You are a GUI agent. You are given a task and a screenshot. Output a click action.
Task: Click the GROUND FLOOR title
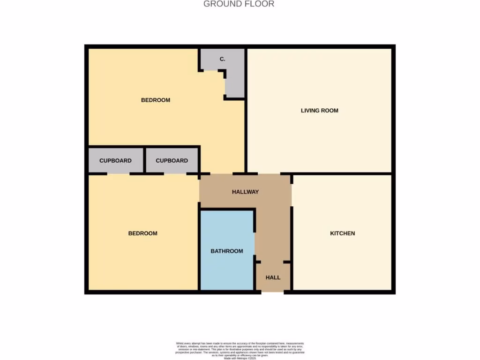[x=239, y=4]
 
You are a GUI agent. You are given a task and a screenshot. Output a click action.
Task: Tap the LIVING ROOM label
[x=319, y=111]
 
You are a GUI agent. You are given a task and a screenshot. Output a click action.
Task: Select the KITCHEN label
[x=342, y=233]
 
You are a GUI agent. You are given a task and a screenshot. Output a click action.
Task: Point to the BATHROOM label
[x=226, y=251]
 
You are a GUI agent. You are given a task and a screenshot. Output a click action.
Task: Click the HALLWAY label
[x=245, y=192]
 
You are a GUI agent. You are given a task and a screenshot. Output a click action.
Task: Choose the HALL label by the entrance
[x=273, y=277]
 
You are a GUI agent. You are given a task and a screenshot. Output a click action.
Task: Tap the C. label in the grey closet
[x=223, y=59]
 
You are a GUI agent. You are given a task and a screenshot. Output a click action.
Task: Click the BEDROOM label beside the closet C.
[x=156, y=100]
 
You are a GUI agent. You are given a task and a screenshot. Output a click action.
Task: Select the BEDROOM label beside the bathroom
[x=142, y=233]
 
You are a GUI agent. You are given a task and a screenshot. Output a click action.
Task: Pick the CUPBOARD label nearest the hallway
[x=172, y=160]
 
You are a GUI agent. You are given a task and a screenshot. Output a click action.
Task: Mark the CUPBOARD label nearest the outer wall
[x=115, y=160]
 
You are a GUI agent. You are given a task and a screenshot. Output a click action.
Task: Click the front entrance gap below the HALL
[x=272, y=292]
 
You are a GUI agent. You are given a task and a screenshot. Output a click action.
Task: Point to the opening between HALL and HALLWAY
[x=272, y=261]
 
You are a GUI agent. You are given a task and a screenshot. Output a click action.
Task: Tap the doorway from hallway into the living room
[x=269, y=174]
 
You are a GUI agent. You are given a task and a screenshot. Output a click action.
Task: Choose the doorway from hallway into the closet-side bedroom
[x=222, y=174]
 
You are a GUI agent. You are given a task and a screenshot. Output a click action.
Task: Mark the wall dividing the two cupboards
[x=144, y=160]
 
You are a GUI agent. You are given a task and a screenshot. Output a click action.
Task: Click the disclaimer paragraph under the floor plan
[x=240, y=350]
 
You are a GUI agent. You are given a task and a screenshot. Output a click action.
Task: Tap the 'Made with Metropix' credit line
[x=240, y=358]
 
